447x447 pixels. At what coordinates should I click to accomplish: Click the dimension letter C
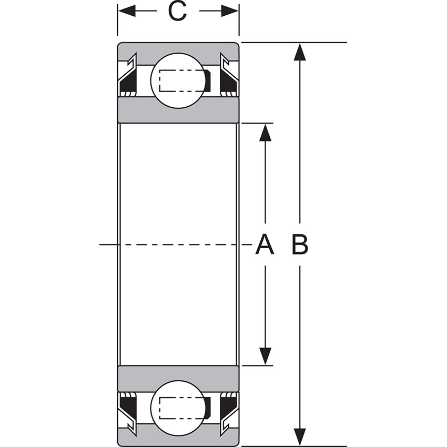point(178,12)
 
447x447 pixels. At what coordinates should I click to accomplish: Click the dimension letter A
point(265,245)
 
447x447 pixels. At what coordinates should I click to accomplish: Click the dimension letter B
point(300,245)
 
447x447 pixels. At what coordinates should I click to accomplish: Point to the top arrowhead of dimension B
point(300,53)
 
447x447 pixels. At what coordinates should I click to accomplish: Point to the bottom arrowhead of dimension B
point(300,436)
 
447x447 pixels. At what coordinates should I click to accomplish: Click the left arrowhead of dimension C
point(126,11)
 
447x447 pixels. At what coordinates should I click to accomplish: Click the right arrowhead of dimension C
point(230,11)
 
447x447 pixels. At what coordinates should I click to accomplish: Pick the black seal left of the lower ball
point(128,404)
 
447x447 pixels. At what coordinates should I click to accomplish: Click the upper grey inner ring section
point(178,110)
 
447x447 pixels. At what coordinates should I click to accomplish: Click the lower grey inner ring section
point(178,378)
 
